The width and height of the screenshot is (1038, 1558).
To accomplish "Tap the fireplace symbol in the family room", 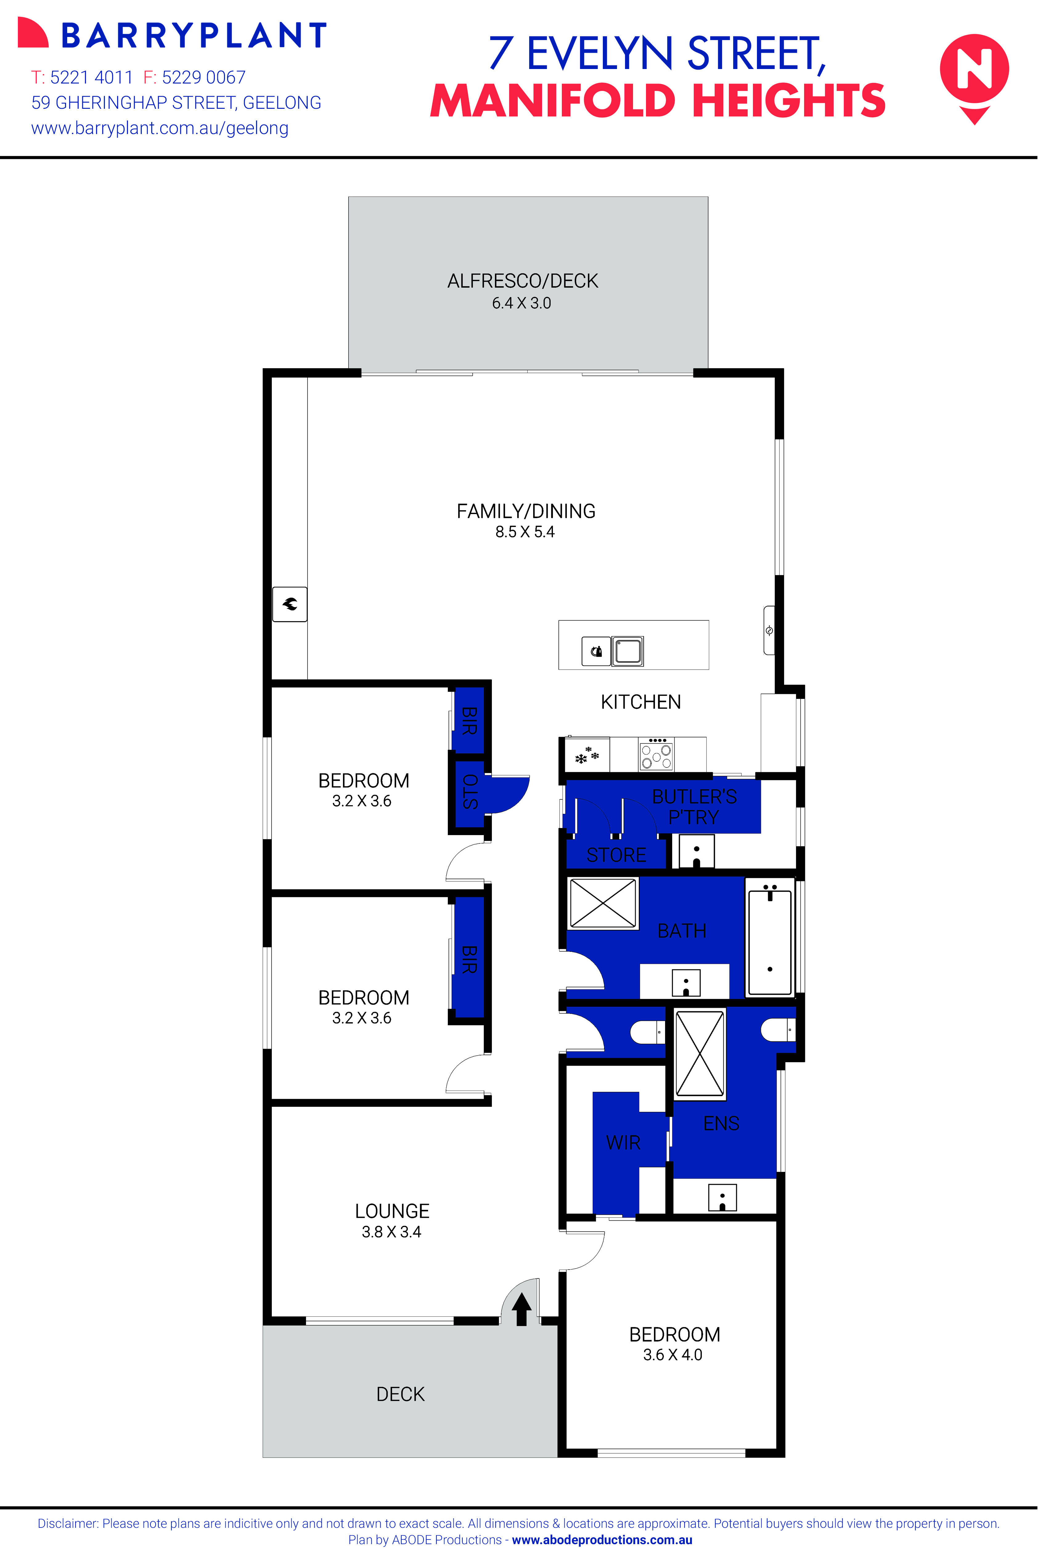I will tap(290, 604).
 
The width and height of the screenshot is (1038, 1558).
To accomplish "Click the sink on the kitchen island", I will tap(627, 651).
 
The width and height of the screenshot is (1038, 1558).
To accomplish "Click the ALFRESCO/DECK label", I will tap(522, 281).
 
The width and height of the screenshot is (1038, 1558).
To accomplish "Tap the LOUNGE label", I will tap(392, 1211).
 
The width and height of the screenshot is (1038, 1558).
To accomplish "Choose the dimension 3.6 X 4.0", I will tap(672, 1355).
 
